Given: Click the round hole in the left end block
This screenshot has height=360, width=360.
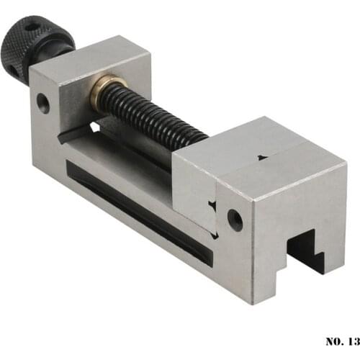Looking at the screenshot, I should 43,104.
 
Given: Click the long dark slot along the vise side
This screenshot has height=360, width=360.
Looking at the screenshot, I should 137,209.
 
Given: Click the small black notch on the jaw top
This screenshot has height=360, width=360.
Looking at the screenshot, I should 261,156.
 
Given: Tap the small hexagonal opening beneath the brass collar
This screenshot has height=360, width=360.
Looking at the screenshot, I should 94,127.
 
